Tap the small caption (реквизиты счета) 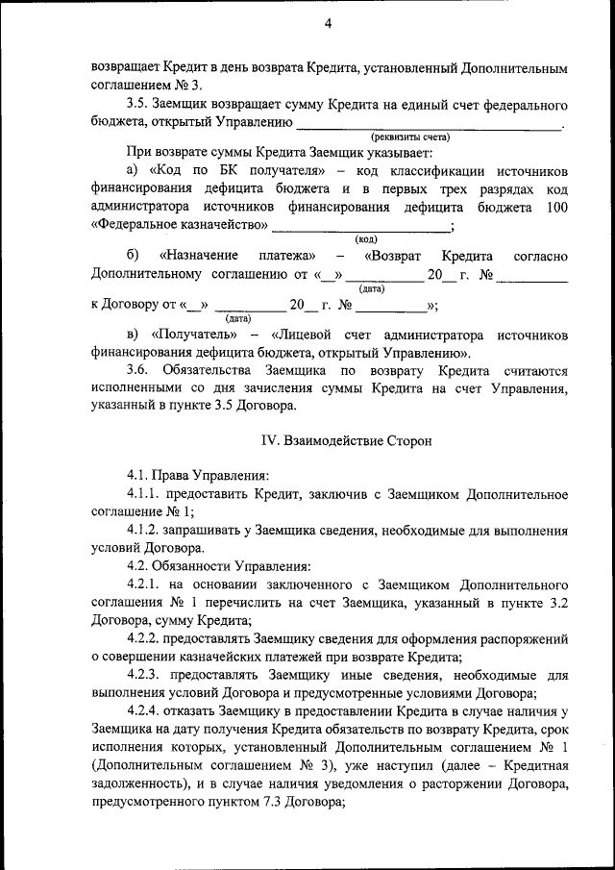pyautogui.click(x=410, y=137)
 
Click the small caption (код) pyautogui.click(x=366, y=238)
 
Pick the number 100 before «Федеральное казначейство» pyautogui.click(x=555, y=207)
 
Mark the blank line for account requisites pyautogui.click(x=429, y=123)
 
